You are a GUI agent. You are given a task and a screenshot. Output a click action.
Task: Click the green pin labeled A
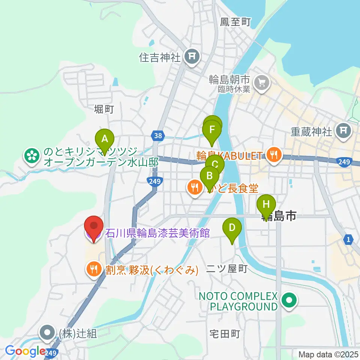pyautogui.click(x=105, y=139)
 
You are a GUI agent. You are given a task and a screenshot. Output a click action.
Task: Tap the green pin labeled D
pyautogui.click(x=232, y=227)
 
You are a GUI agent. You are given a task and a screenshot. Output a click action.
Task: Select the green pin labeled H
pyautogui.click(x=266, y=204)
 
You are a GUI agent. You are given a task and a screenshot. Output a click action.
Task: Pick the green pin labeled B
pyautogui.click(x=210, y=175)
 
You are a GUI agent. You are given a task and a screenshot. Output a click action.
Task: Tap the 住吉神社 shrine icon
pyautogui.click(x=192, y=57)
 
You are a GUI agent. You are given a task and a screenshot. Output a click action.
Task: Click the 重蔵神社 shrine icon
pyautogui.click(x=343, y=131)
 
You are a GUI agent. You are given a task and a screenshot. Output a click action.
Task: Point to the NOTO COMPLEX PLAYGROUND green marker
pyautogui.click(x=289, y=301)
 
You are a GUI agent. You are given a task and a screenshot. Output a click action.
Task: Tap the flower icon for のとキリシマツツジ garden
pyautogui.click(x=32, y=157)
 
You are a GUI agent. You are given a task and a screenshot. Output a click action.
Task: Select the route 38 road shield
pyautogui.click(x=158, y=135)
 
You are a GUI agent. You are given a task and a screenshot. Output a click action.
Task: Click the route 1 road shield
pyautogui.click(x=349, y=240)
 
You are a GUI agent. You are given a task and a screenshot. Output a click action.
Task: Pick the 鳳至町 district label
pyautogui.click(x=235, y=22)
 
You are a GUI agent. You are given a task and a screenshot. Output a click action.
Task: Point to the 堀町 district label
pyautogui.click(x=104, y=109)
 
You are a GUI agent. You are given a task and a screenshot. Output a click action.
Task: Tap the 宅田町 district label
pyautogui.click(x=225, y=334)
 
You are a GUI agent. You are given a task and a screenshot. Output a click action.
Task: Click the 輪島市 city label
pyautogui.click(x=279, y=217)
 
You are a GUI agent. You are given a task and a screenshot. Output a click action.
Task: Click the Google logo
pyautogui.click(x=25, y=351)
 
